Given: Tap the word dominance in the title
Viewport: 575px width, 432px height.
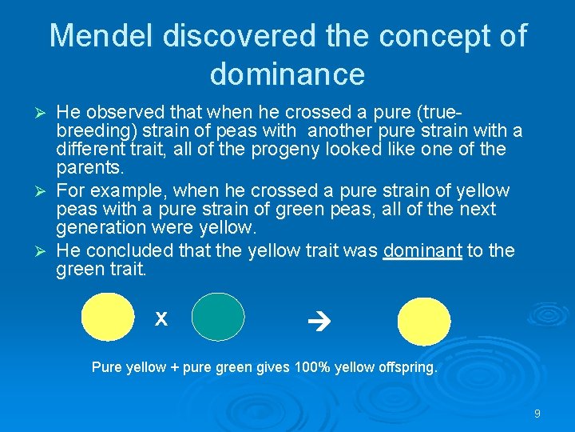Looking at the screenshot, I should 287,74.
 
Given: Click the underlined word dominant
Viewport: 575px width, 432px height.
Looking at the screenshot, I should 422,251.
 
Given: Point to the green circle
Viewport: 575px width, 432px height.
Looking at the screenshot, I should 218,318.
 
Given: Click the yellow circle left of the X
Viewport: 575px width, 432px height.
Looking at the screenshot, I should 108,318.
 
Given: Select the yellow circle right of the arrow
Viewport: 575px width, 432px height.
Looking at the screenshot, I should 423,319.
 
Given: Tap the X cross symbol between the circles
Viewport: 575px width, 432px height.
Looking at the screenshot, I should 161,319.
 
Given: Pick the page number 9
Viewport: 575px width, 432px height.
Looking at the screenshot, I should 537,414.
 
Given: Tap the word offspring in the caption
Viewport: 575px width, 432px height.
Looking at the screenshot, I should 408,368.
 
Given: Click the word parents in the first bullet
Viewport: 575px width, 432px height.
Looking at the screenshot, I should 89,169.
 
